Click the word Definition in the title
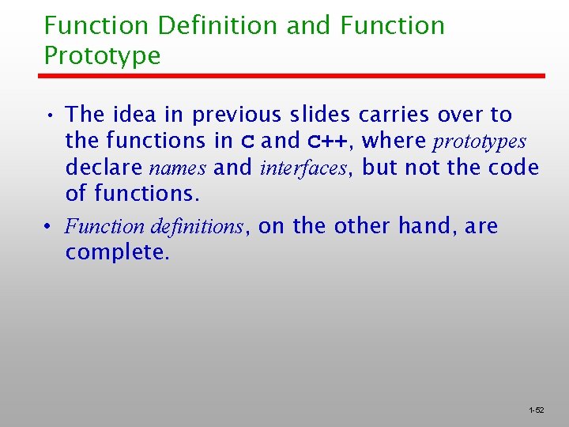click(217, 25)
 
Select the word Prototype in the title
click(102, 55)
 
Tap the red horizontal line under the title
click(292, 76)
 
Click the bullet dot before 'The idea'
click(49, 116)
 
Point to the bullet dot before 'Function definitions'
click(49, 228)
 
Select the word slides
click(321, 115)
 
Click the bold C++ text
click(326, 142)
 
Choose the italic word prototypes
click(479, 142)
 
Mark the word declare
click(104, 168)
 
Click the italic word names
click(179, 168)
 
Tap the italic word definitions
click(201, 227)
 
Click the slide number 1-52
click(537, 410)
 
